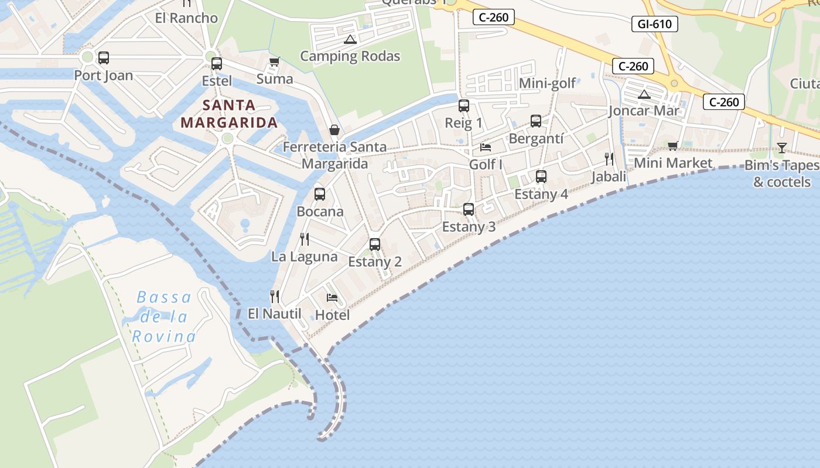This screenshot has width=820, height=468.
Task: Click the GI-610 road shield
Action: [655, 24]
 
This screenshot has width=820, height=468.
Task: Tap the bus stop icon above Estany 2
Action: [375, 245]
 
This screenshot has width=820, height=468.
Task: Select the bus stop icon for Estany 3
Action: [469, 209]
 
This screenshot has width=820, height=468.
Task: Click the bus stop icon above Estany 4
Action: [541, 176]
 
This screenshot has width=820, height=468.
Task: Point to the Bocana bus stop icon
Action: [320, 194]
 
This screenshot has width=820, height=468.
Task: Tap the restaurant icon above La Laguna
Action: [304, 239]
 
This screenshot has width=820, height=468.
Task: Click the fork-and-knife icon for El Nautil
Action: [274, 297]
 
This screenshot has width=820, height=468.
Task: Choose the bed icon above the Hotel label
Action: [332, 297]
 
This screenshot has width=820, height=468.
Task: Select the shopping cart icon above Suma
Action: [274, 61]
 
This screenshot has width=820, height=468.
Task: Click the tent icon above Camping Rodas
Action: [350, 40]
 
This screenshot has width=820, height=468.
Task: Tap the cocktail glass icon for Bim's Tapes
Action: [781, 147]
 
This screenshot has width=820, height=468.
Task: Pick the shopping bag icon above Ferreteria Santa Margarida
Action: [334, 130]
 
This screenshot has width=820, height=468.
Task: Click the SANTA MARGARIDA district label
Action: [229, 114]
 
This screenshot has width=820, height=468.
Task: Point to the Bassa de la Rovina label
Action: [164, 317]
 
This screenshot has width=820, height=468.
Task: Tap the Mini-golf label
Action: [548, 83]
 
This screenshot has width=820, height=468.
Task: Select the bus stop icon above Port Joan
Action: [104, 58]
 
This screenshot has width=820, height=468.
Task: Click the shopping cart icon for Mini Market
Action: [672, 146]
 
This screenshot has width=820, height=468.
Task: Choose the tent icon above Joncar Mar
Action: [644, 94]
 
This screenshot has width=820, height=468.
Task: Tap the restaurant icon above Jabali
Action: [609, 159]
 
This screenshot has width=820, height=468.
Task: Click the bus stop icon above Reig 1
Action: [464, 106]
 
